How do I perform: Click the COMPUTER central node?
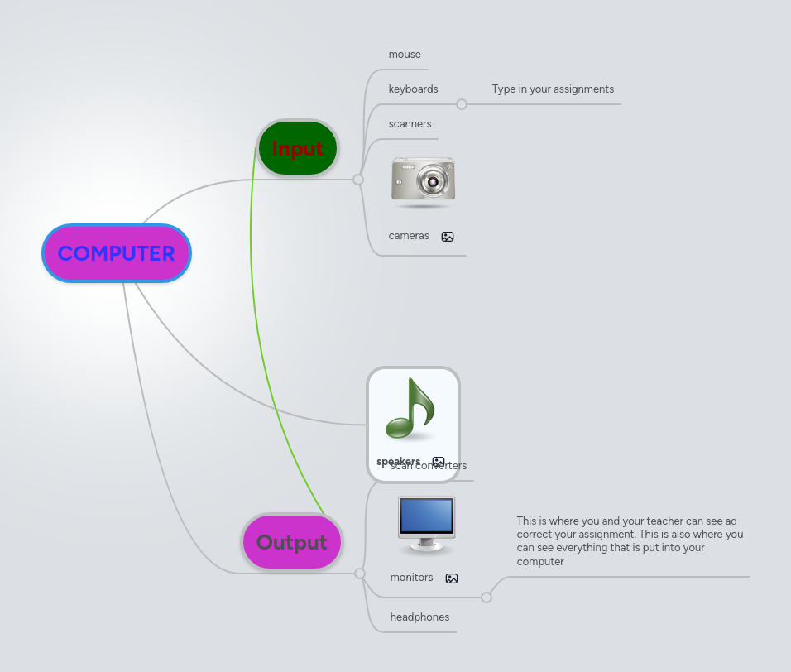(116, 253)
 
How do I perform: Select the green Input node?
(297, 148)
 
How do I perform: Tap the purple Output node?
(291, 542)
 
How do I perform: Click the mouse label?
(405, 55)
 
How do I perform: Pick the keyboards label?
(413, 89)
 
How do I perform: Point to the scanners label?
(410, 124)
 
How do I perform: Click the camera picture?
(423, 180)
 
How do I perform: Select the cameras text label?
(409, 236)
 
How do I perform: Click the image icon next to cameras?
(448, 237)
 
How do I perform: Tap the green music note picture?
(410, 409)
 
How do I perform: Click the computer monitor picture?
(426, 524)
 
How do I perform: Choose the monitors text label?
(411, 578)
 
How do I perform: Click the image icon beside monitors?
(452, 578)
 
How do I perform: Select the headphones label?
(419, 617)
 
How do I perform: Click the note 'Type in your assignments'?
(553, 89)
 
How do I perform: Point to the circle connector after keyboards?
(462, 104)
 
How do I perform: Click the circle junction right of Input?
(358, 180)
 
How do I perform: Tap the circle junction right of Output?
(360, 574)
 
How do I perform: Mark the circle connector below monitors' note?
(487, 598)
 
